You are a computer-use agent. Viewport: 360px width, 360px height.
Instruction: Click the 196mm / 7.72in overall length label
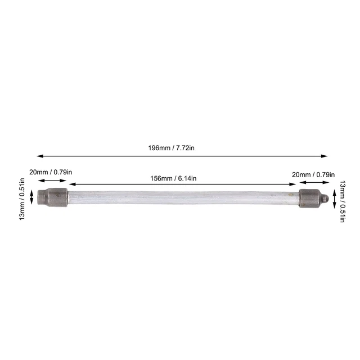pyautogui.click(x=171, y=148)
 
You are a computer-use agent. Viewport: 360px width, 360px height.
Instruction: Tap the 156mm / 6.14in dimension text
pyautogui.click(x=173, y=178)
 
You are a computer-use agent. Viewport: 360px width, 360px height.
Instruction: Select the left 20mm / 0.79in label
pyautogui.click(x=51, y=172)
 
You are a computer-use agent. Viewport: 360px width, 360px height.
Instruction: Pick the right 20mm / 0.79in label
pyautogui.click(x=313, y=175)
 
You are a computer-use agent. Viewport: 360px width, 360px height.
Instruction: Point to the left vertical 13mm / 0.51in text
pyautogui.click(x=22, y=199)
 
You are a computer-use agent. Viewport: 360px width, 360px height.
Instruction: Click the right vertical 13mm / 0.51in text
pyautogui.click(x=343, y=201)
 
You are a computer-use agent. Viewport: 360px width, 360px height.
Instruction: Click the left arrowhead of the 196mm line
pyautogui.click(x=40, y=156)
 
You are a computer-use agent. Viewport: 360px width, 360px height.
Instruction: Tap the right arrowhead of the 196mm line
pyautogui.click(x=324, y=156)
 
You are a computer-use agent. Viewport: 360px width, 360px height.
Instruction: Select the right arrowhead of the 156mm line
pyautogui.click(x=292, y=184)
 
